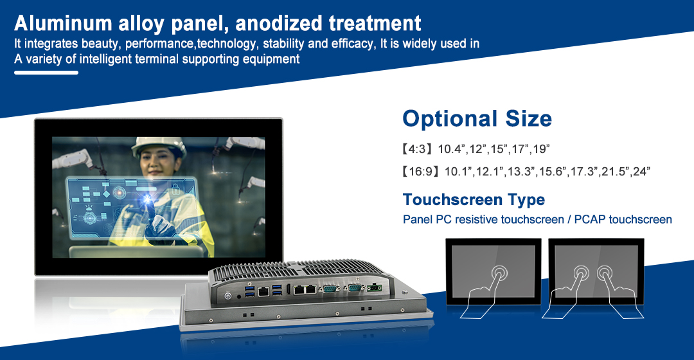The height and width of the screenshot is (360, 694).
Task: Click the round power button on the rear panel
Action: pyautogui.click(x=228, y=295)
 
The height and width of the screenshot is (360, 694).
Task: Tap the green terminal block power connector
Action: pyautogui.click(x=375, y=288)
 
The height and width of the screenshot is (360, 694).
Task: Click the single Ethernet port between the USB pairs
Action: pyautogui.click(x=264, y=291)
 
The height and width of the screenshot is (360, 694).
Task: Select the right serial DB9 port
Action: pyautogui.click(x=355, y=288)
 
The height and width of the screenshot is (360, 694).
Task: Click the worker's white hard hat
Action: pyautogui.click(x=159, y=146)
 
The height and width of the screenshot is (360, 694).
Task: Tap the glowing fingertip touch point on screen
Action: pyautogui.click(x=147, y=200)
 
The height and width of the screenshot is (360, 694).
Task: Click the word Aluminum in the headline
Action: pyautogui.click(x=63, y=23)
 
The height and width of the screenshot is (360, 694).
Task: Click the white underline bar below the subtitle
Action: pyautogui.click(x=46, y=72)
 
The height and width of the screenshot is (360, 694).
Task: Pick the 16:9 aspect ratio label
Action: pyautogui.click(x=420, y=172)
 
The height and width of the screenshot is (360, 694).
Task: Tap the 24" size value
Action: pyautogui.click(x=642, y=172)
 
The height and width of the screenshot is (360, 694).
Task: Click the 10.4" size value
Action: pyautogui.click(x=452, y=148)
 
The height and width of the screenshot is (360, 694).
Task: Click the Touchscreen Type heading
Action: pyautogui.click(x=474, y=200)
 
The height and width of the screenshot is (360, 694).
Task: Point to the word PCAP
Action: pyautogui.click(x=590, y=220)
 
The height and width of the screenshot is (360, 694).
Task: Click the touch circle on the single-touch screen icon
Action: pyautogui.click(x=500, y=272)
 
